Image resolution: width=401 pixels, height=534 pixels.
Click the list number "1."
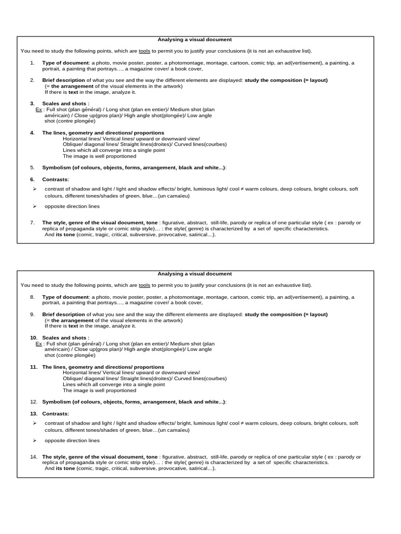point(32,63)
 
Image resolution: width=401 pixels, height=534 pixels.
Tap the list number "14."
point(33,457)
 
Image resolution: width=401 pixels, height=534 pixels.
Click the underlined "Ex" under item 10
point(39,344)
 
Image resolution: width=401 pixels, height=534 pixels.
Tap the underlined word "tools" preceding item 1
point(144,51)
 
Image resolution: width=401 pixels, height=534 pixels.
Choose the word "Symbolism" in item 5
point(55,167)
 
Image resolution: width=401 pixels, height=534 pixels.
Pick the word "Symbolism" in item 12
point(55,402)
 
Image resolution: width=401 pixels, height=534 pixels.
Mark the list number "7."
point(32,223)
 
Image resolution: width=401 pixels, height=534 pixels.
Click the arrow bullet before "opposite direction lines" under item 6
point(34,206)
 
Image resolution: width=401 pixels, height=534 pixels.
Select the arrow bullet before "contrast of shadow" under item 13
point(34,423)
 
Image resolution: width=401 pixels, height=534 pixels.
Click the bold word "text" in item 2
point(73,92)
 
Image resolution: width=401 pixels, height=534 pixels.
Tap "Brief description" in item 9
point(63,314)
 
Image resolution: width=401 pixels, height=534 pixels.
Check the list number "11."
point(33,367)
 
